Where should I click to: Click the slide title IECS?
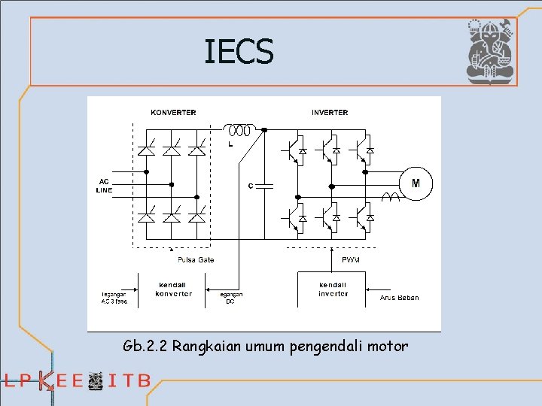point(239,52)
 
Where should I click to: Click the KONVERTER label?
point(173,113)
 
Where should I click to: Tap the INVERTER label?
point(330,113)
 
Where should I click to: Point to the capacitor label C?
point(250,186)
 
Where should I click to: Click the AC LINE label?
point(104,186)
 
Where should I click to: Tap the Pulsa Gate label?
point(196,260)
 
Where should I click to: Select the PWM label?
point(352,260)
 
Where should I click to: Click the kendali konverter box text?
point(174,289)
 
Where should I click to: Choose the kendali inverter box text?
point(333,289)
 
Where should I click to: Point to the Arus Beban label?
point(399,298)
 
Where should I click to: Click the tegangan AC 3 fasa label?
point(114,298)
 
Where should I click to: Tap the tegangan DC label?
point(230,298)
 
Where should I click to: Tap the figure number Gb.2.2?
point(145,347)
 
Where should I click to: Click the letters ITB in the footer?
point(129,380)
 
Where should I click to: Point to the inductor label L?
point(230,144)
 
